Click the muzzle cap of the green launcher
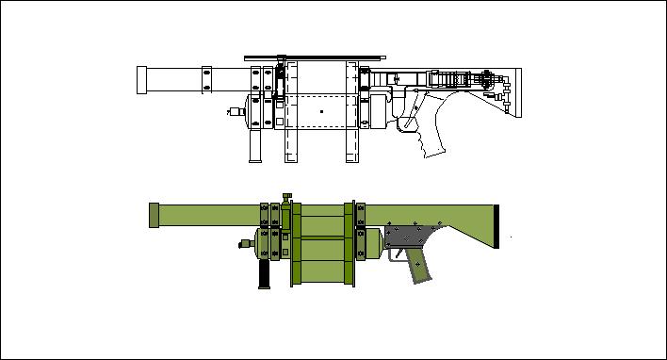point(154,215)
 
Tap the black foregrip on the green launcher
point(265,273)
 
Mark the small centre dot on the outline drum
point(321,112)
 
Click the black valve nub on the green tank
point(242,244)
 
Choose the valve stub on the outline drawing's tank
point(233,111)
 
